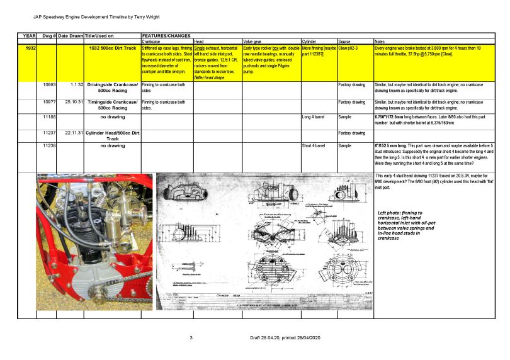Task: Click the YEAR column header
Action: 30,36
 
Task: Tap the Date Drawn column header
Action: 70,36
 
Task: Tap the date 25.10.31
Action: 70,101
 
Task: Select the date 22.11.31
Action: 70,133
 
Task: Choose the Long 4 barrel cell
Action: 314,117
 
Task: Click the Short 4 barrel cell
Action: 315,145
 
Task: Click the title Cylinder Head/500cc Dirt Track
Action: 113,135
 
